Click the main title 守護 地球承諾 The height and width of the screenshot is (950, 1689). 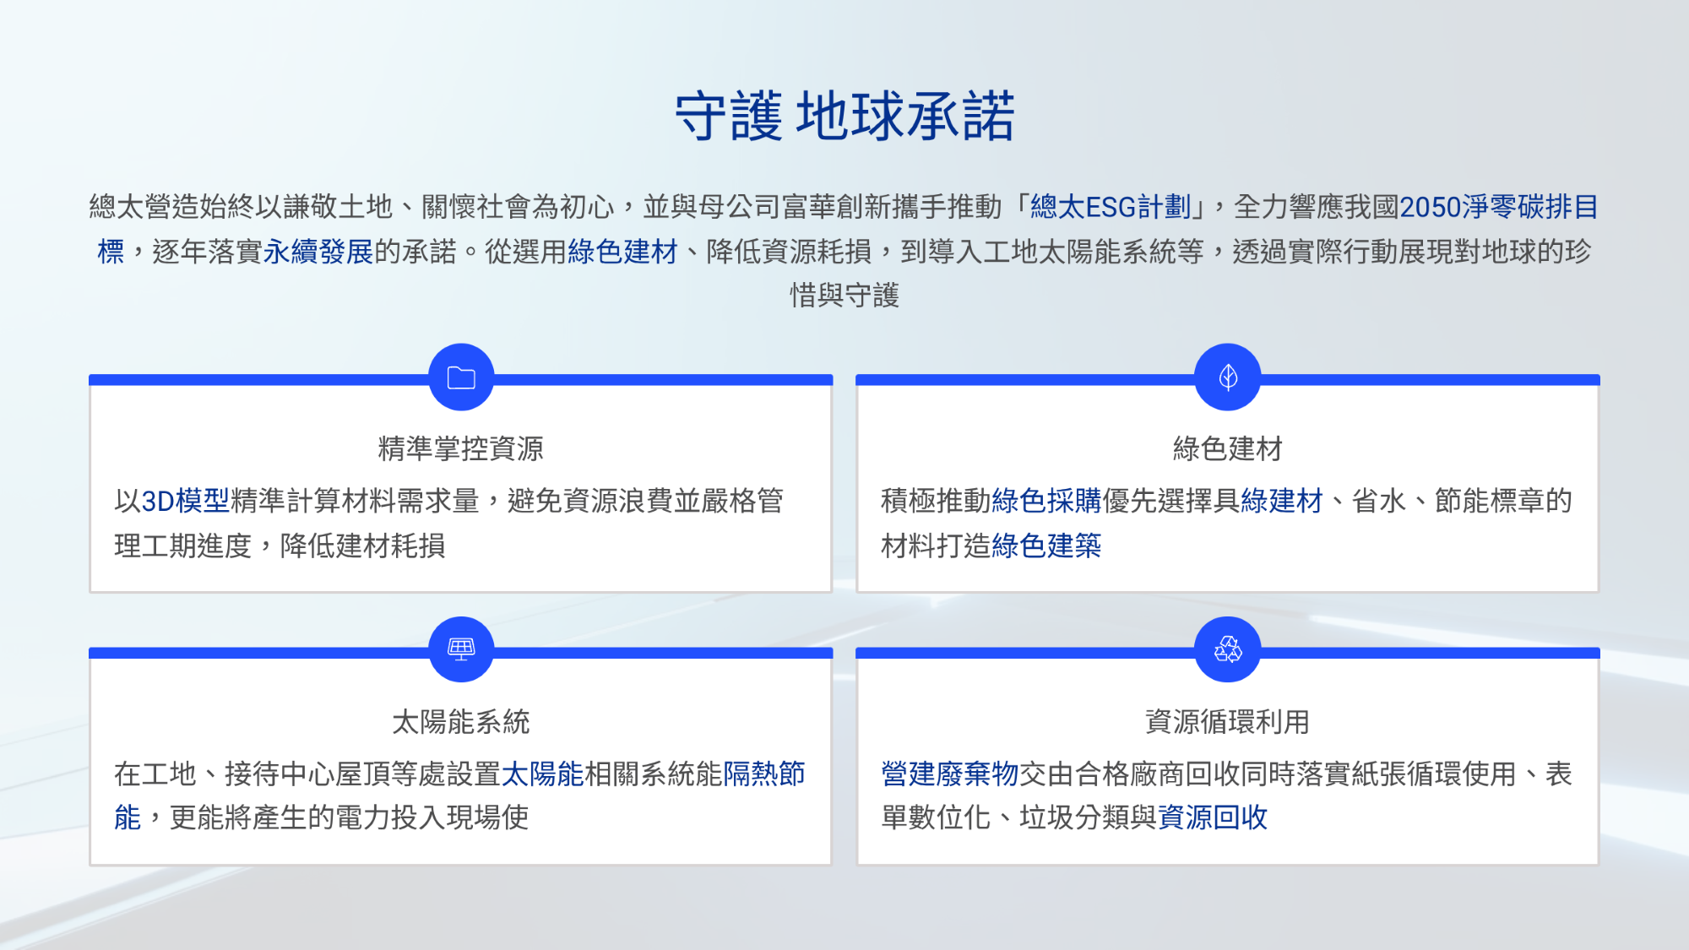tap(844, 116)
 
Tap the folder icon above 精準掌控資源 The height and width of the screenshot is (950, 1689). tap(461, 377)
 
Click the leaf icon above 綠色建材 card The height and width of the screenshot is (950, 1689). tap(1228, 377)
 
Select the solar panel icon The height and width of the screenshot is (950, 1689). tap(461, 649)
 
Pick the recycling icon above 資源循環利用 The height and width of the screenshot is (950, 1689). tap(1228, 649)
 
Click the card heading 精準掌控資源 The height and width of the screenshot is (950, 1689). tap(461, 448)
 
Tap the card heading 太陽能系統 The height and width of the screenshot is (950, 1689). tap(461, 722)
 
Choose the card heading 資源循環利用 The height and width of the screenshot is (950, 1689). tap(1228, 722)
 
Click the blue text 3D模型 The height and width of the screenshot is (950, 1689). tap(185, 501)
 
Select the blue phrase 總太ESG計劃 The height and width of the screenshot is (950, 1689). tap(1111, 207)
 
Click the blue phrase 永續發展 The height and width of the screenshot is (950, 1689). tap(318, 252)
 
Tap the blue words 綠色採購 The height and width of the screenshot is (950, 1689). tap(1047, 501)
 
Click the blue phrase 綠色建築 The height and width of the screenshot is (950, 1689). tap(1047, 546)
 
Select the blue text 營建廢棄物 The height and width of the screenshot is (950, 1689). tap(950, 774)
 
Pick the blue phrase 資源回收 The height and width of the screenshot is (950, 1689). tap(1213, 817)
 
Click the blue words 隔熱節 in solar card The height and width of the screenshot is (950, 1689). tap(764, 774)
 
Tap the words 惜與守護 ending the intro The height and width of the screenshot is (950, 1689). tap(844, 296)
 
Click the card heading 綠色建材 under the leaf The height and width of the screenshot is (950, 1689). tap(1228, 448)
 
